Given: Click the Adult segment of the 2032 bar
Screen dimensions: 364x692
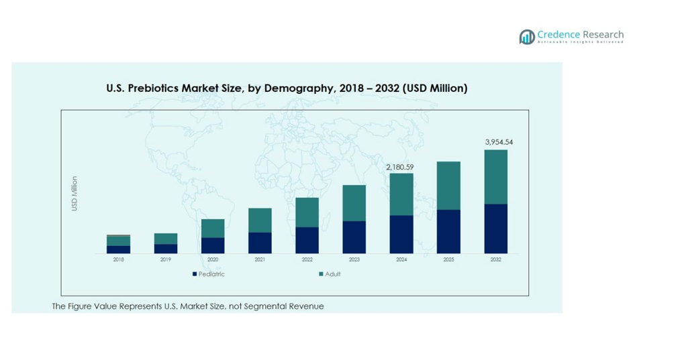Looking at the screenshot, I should (495, 176).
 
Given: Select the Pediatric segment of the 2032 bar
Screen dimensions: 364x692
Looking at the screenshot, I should (495, 229).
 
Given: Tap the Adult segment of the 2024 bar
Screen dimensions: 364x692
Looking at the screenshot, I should (401, 194).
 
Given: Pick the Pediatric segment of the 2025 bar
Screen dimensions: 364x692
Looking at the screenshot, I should (448, 231).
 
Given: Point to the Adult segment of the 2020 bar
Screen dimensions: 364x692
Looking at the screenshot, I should (213, 228).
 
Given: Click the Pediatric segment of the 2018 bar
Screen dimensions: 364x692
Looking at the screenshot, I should (118, 249).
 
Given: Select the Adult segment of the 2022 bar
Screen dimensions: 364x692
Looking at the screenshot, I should (307, 212).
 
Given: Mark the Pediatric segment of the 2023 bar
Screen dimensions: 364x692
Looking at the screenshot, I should (354, 237).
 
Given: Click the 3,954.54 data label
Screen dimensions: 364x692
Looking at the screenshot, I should (499, 142).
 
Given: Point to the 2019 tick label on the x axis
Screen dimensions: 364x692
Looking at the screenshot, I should (165, 259).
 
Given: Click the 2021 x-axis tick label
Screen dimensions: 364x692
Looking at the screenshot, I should (260, 259).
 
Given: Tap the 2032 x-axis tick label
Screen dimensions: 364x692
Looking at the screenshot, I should (495, 259).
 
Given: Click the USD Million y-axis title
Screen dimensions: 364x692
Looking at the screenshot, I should (75, 194).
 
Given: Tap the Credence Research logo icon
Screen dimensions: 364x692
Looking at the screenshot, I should (527, 37).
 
